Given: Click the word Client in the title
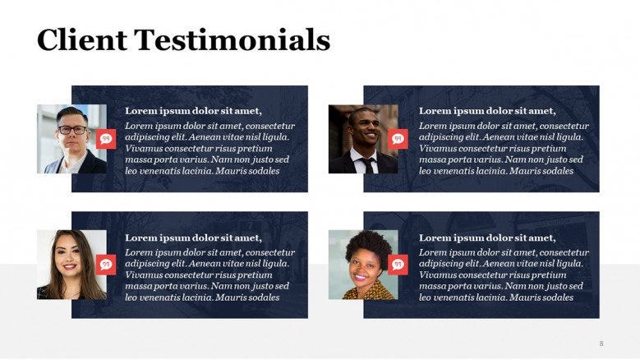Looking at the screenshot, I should pos(81,39).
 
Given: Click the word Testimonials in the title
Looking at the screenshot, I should pos(233,39).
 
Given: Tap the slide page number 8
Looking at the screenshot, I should pos(601,343).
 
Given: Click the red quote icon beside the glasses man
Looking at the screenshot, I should pos(106,139).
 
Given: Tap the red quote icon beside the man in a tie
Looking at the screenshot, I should pos(398,139).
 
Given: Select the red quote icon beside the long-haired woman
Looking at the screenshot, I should pos(106,264).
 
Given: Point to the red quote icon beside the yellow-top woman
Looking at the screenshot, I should pos(398,264).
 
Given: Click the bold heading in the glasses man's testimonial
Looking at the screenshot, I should pos(193,111).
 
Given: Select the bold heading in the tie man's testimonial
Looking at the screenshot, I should pos(487,111).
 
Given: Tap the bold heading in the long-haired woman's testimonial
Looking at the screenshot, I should pos(193,238).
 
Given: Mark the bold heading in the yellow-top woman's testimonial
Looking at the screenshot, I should pos(487,238).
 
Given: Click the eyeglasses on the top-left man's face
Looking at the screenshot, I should pos(71,129).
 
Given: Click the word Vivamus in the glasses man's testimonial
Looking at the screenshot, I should pos(145,149).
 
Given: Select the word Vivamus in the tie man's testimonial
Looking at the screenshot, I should pos(439,149).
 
